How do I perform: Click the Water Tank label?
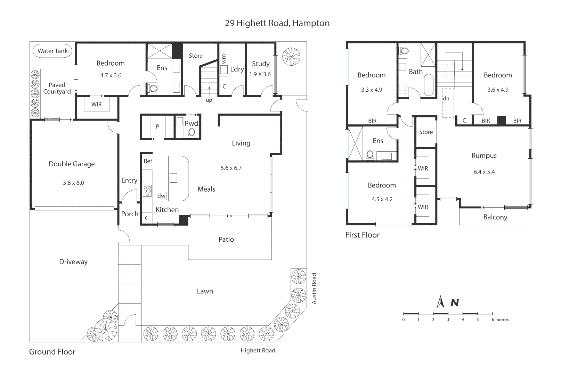pos(52,51)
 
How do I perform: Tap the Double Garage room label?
pos(72,164)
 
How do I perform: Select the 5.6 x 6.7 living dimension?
pos(231,168)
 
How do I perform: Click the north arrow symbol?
pos(440,302)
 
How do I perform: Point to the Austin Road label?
pos(314,289)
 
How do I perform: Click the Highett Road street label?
pos(258,350)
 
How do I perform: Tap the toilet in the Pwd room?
pos(192,133)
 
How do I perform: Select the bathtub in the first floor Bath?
pos(429,85)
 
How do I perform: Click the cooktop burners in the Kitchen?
pos(147,191)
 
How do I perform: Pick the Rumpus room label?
pos(484,156)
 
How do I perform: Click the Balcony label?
pos(495,217)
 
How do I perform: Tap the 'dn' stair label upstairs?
pos(446,99)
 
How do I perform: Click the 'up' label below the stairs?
pos(209,100)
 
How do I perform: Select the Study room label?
pos(261,64)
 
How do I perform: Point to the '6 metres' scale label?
pos(500,320)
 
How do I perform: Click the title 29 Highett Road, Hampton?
pos(277,23)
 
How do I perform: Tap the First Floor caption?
pos(362,235)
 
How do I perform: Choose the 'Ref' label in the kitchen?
pos(148,161)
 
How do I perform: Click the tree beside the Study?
pos(291,57)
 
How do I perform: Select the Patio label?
pos(226,240)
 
